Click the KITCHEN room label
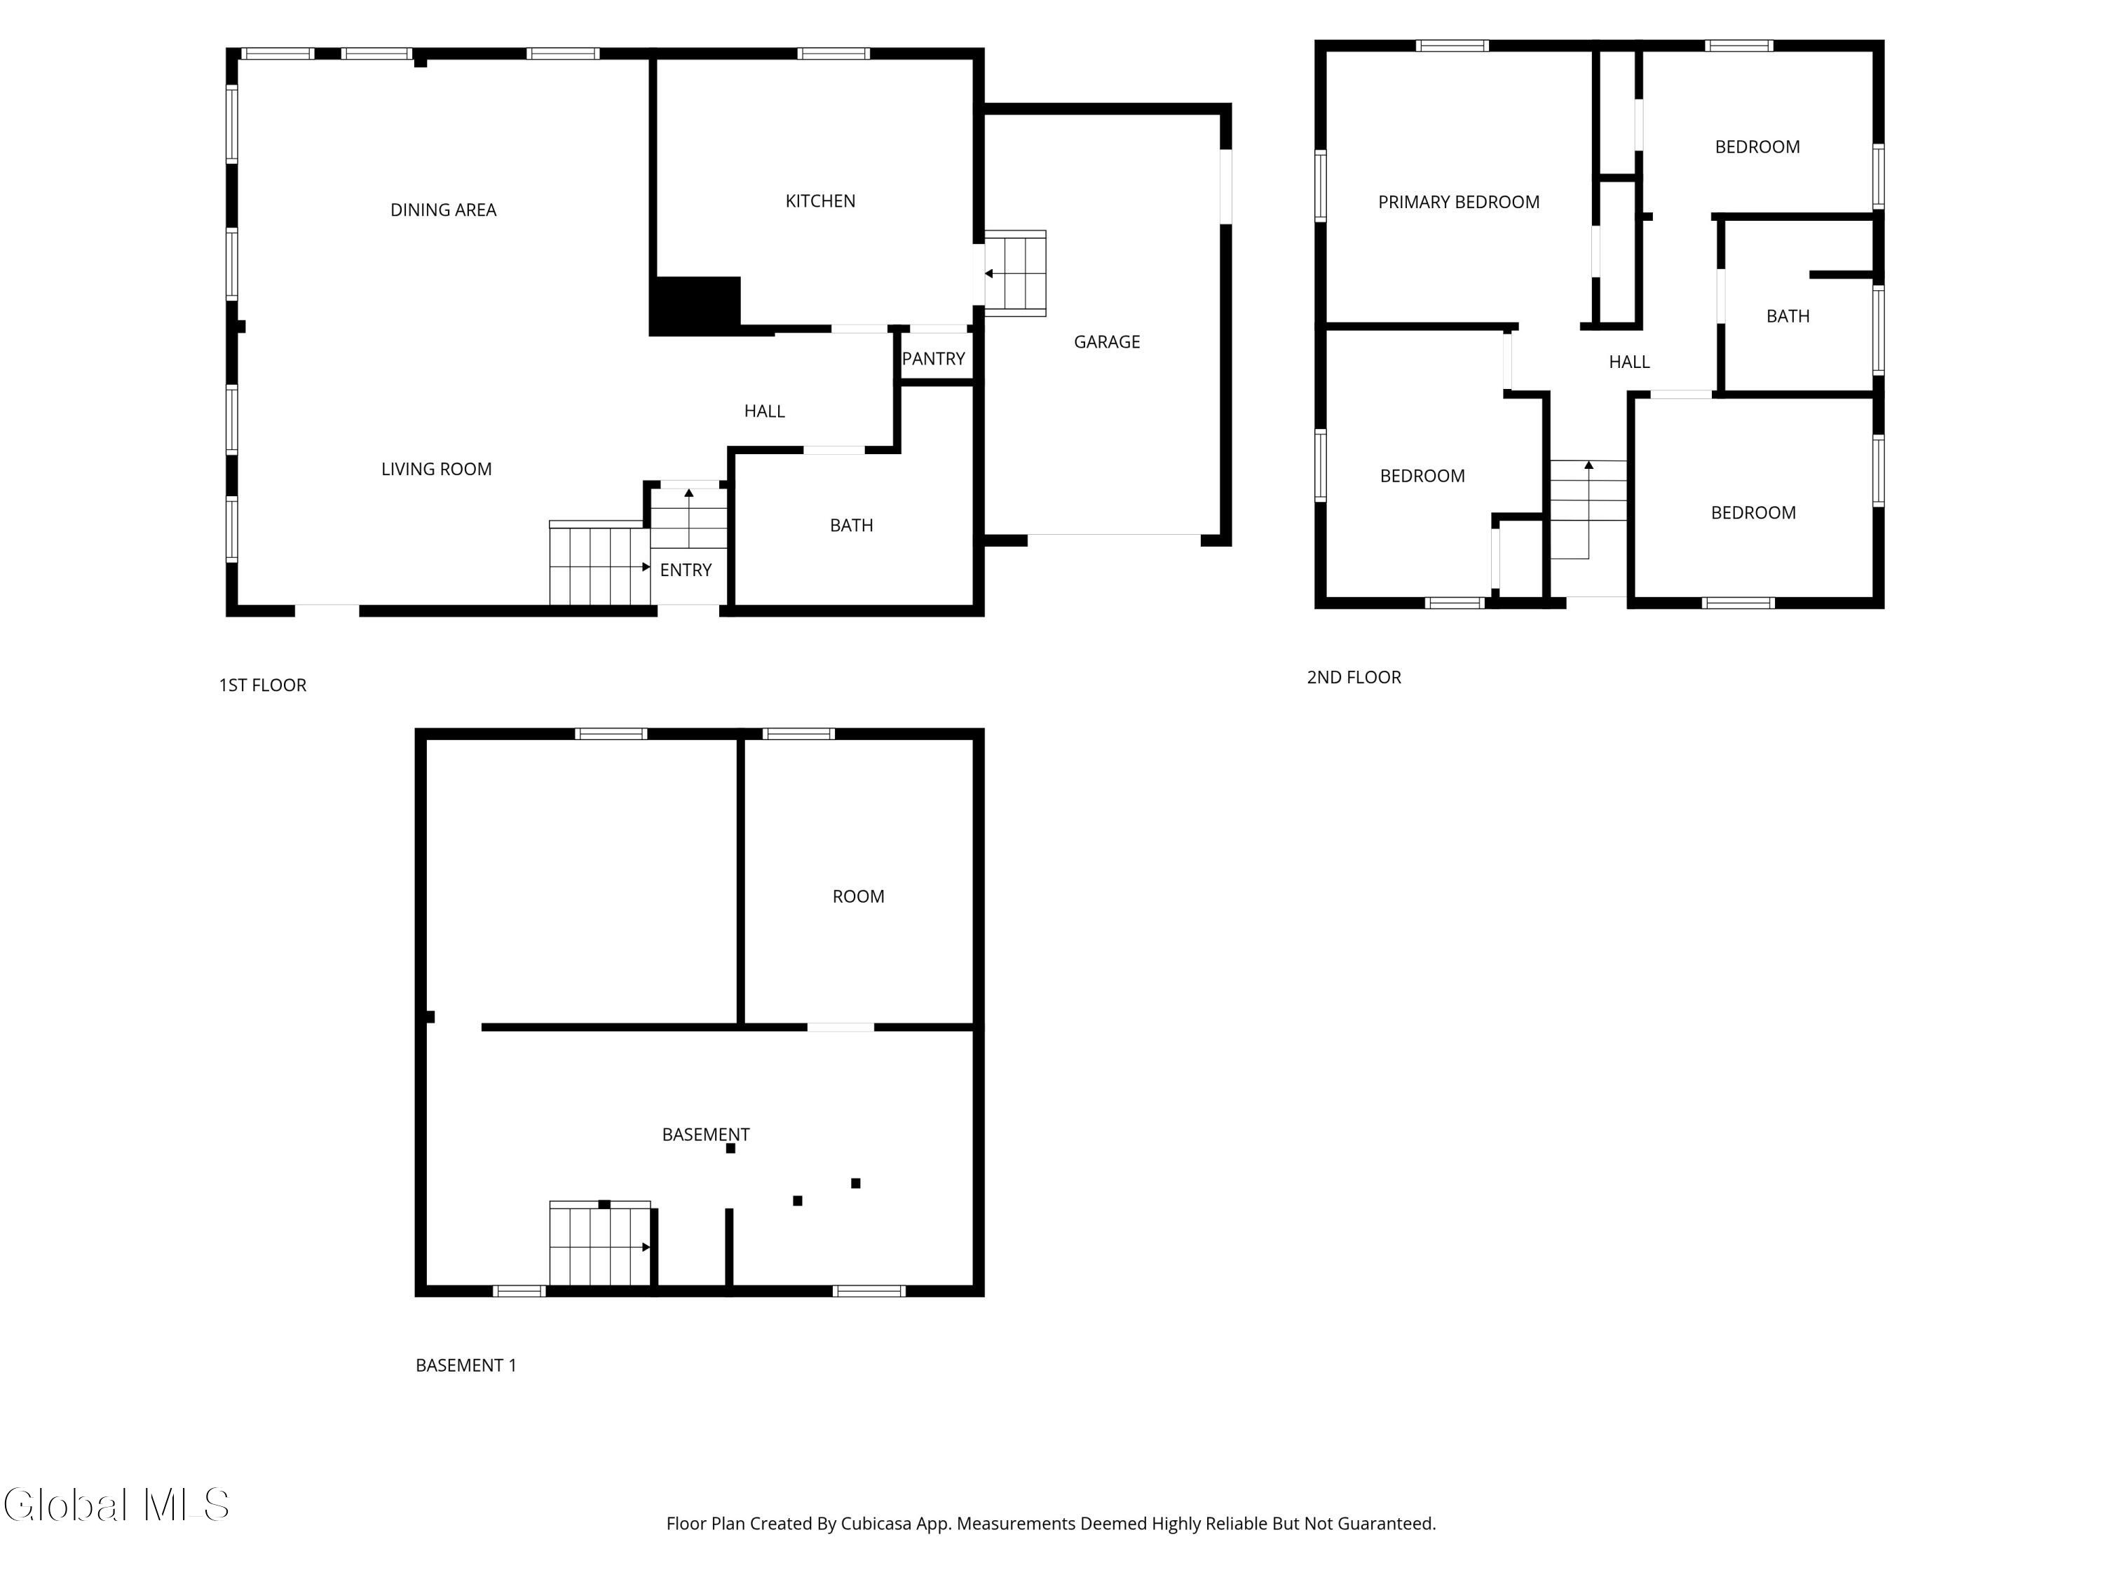pos(819,200)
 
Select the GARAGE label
pos(1107,341)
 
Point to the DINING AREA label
pos(443,209)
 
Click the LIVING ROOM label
pos(437,469)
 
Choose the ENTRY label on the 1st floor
pos(686,569)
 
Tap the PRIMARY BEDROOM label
pos(1458,202)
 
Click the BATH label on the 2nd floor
pos(1788,315)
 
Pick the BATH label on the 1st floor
pos(851,525)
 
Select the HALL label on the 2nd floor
pos(1628,361)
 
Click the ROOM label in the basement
pos(857,896)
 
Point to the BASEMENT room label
pos(705,1134)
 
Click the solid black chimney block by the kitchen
pos(695,306)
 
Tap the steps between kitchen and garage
pos(1015,273)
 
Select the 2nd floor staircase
pos(1588,510)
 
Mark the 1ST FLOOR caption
pos(262,684)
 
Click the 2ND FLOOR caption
pos(1354,677)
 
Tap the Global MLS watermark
pos(116,1505)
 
